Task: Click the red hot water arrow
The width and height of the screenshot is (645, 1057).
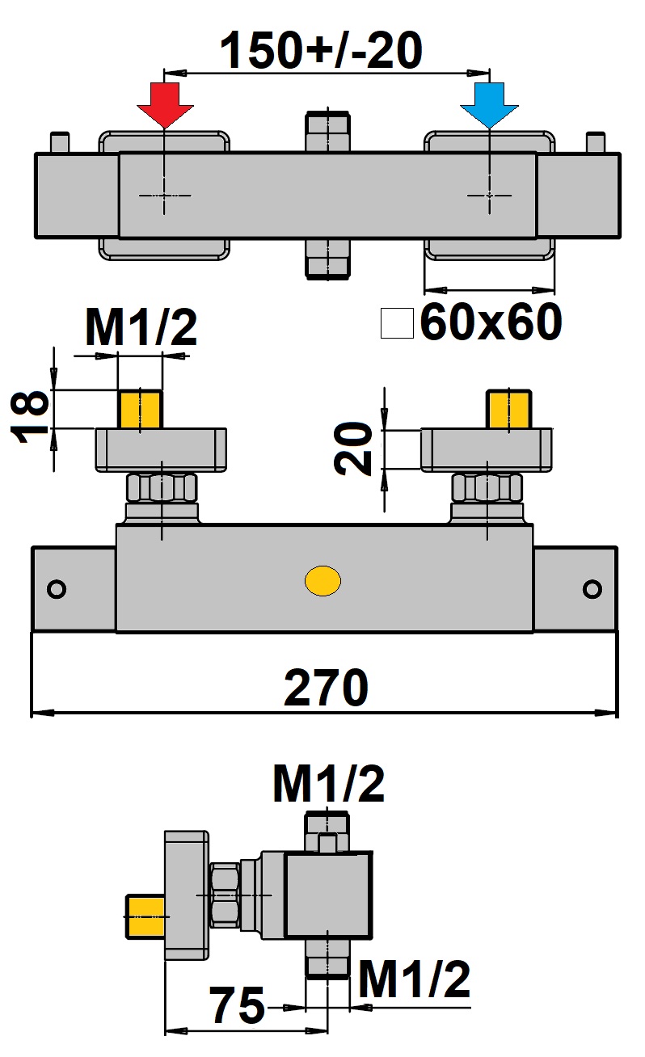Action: [165, 104]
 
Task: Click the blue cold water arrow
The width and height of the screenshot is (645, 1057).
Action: [489, 104]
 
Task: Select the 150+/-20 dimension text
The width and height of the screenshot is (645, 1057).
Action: [322, 50]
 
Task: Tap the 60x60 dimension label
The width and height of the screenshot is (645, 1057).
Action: [491, 322]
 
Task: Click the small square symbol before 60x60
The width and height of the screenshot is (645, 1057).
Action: [398, 323]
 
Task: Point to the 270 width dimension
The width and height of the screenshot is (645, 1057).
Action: [326, 688]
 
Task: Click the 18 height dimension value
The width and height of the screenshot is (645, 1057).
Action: [29, 415]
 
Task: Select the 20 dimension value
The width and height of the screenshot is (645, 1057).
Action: [352, 448]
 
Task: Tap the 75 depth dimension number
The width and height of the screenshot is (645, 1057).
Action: [238, 1005]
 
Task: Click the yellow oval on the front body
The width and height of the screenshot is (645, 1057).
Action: [322, 580]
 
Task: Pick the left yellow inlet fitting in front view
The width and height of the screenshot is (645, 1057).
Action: [140, 409]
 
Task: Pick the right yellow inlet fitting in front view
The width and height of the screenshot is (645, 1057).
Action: [509, 409]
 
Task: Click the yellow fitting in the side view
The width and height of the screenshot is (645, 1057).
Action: [145, 917]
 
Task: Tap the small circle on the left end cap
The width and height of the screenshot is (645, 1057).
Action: [57, 589]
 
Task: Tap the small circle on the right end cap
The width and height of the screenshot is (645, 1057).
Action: [592, 589]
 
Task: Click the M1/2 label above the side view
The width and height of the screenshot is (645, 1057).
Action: [329, 784]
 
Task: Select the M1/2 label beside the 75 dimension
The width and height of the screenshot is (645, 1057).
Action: [415, 980]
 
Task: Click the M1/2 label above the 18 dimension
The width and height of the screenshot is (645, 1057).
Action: [141, 327]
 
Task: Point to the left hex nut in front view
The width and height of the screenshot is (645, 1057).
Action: [162, 488]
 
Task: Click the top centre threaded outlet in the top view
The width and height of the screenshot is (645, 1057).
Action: [327, 132]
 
